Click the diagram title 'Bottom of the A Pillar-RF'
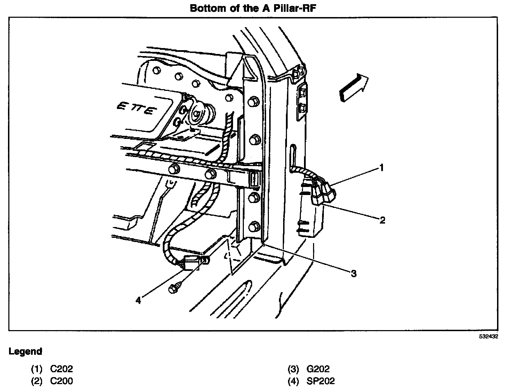253,8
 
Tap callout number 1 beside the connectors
382,168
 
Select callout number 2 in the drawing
382,220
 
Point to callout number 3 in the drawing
353,274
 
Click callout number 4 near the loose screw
138,300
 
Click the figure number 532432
488,337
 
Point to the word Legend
25,351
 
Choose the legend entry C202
62,369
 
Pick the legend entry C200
62,381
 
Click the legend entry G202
318,369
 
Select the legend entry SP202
320,381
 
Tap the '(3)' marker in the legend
294,369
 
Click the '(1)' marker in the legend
37,369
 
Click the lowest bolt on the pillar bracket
255,226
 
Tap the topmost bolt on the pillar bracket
254,102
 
